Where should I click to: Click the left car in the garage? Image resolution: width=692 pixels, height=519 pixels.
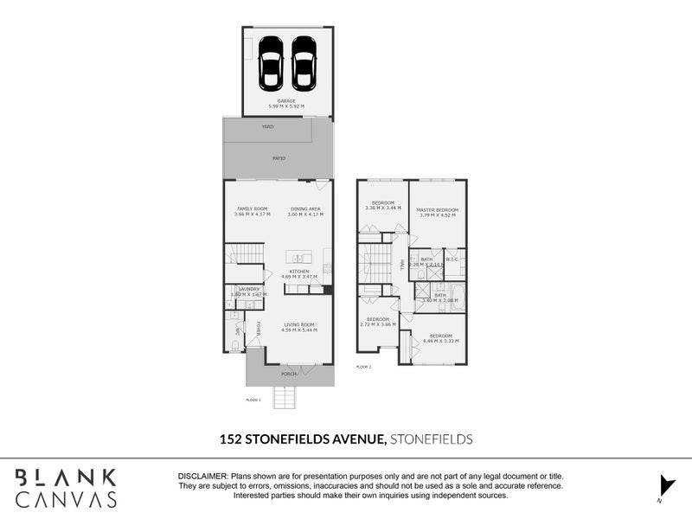[x=271, y=63]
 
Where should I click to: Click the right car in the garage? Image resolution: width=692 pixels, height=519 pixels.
[x=303, y=63]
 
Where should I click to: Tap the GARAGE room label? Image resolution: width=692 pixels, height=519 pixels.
[x=286, y=101]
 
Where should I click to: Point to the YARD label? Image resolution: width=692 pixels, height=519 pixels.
[x=268, y=126]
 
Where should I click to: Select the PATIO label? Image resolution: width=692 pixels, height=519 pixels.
[x=279, y=159]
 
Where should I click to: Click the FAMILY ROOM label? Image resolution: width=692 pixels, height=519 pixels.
[x=253, y=208]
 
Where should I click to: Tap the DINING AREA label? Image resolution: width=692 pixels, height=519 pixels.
[x=305, y=208]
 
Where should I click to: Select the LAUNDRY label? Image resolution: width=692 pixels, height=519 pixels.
[x=249, y=289]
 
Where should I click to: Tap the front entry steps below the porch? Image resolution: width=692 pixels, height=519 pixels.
[x=286, y=398]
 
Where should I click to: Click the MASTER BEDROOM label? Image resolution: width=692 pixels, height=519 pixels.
[x=437, y=210]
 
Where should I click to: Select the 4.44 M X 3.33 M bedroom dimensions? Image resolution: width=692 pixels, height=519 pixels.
[x=439, y=341]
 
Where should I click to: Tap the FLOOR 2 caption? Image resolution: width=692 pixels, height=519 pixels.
[x=363, y=368]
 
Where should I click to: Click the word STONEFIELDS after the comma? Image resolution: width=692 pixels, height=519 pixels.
[x=432, y=439]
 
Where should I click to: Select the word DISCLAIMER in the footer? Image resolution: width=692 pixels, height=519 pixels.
[x=202, y=477]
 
